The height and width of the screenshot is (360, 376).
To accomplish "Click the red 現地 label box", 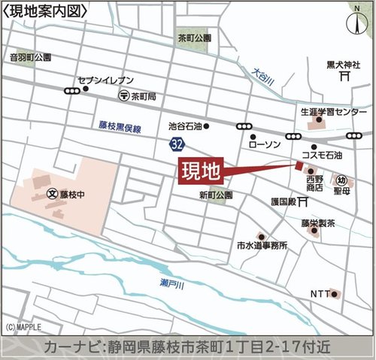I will (x=202, y=171).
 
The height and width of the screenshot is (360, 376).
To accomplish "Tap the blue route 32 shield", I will (x=174, y=143).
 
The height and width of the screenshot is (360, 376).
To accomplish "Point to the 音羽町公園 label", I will (x=30, y=57).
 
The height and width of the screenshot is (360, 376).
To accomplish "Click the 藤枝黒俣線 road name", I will (x=120, y=129).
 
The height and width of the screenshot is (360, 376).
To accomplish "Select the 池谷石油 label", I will (x=185, y=126).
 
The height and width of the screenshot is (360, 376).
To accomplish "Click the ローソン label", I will (x=263, y=144).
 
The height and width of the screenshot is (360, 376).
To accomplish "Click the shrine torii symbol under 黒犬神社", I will (x=343, y=76).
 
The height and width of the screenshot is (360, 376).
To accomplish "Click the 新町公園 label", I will (x=216, y=195).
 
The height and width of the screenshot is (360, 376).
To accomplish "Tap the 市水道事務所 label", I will (x=262, y=246).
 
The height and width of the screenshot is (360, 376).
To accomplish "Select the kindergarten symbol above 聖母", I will (x=341, y=180).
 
